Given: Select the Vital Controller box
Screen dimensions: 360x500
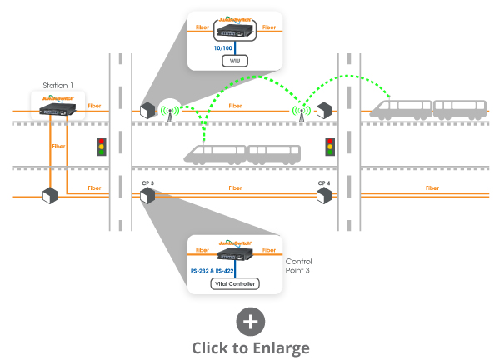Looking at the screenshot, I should click(x=235, y=284).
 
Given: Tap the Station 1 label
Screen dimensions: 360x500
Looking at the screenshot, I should click(x=58, y=85).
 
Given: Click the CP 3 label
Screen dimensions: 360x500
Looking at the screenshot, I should click(x=147, y=182).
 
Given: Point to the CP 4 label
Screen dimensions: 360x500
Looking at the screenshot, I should click(x=324, y=182).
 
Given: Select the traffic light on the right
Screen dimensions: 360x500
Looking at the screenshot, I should click(x=330, y=147).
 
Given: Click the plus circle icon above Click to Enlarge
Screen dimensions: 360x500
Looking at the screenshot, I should click(x=251, y=322).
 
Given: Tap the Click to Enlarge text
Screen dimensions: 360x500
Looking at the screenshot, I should click(x=251, y=347).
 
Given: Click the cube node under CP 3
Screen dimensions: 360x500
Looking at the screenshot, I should click(x=148, y=197).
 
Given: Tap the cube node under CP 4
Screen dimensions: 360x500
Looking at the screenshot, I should click(x=324, y=197).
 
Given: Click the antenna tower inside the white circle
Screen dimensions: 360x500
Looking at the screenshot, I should click(x=169, y=111).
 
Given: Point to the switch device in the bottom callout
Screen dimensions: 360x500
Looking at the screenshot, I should click(x=235, y=253).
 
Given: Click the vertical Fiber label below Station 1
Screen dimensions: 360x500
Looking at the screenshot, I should click(x=58, y=146).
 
